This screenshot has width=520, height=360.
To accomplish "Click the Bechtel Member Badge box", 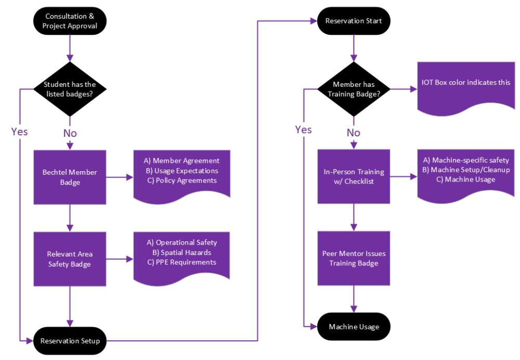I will pos(70,177).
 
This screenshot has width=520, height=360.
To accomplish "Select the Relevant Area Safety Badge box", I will pos(70,259).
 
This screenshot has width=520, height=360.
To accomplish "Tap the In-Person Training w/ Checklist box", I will pos(354,176).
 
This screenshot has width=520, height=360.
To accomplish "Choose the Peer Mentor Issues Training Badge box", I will pos(354,259).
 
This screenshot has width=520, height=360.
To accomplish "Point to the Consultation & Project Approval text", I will pos(70,21).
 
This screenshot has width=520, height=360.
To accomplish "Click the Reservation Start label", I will pos(354,21).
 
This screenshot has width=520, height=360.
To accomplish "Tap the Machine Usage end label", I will pos(354,327).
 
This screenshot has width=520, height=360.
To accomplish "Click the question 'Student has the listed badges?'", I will pos(70,88).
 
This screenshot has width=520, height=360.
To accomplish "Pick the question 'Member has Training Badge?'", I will pos(354,88).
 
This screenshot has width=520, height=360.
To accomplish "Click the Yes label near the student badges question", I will pos(19,132).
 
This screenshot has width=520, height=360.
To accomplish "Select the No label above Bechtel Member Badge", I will pos(70,133).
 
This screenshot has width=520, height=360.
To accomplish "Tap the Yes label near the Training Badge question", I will pos(303,130).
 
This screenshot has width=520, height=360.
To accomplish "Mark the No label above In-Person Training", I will pos(354,133).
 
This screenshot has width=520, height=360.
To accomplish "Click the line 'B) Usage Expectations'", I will pos(181,171).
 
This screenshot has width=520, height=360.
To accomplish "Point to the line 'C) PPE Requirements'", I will pos(181,262).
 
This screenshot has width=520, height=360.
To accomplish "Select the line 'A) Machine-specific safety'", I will pos(466,160).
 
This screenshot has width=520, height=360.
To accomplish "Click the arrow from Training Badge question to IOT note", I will pos(403,89).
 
